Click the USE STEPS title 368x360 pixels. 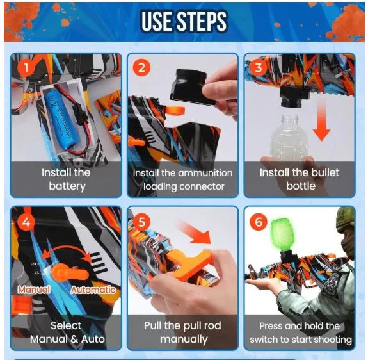click(184, 21)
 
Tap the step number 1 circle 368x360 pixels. click(26, 68)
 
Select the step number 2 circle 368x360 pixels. click(141, 68)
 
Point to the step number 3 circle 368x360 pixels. click(259, 68)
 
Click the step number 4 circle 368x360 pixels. click(26, 222)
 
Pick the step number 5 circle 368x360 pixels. click(141, 222)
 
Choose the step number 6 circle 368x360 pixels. click(259, 222)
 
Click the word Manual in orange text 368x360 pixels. click(34, 290)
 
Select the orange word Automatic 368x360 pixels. click(93, 290)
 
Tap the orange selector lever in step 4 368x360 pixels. click(68, 273)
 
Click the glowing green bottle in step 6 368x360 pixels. click(281, 235)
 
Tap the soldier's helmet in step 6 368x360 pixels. click(345, 219)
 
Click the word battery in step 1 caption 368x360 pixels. click(67, 186)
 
